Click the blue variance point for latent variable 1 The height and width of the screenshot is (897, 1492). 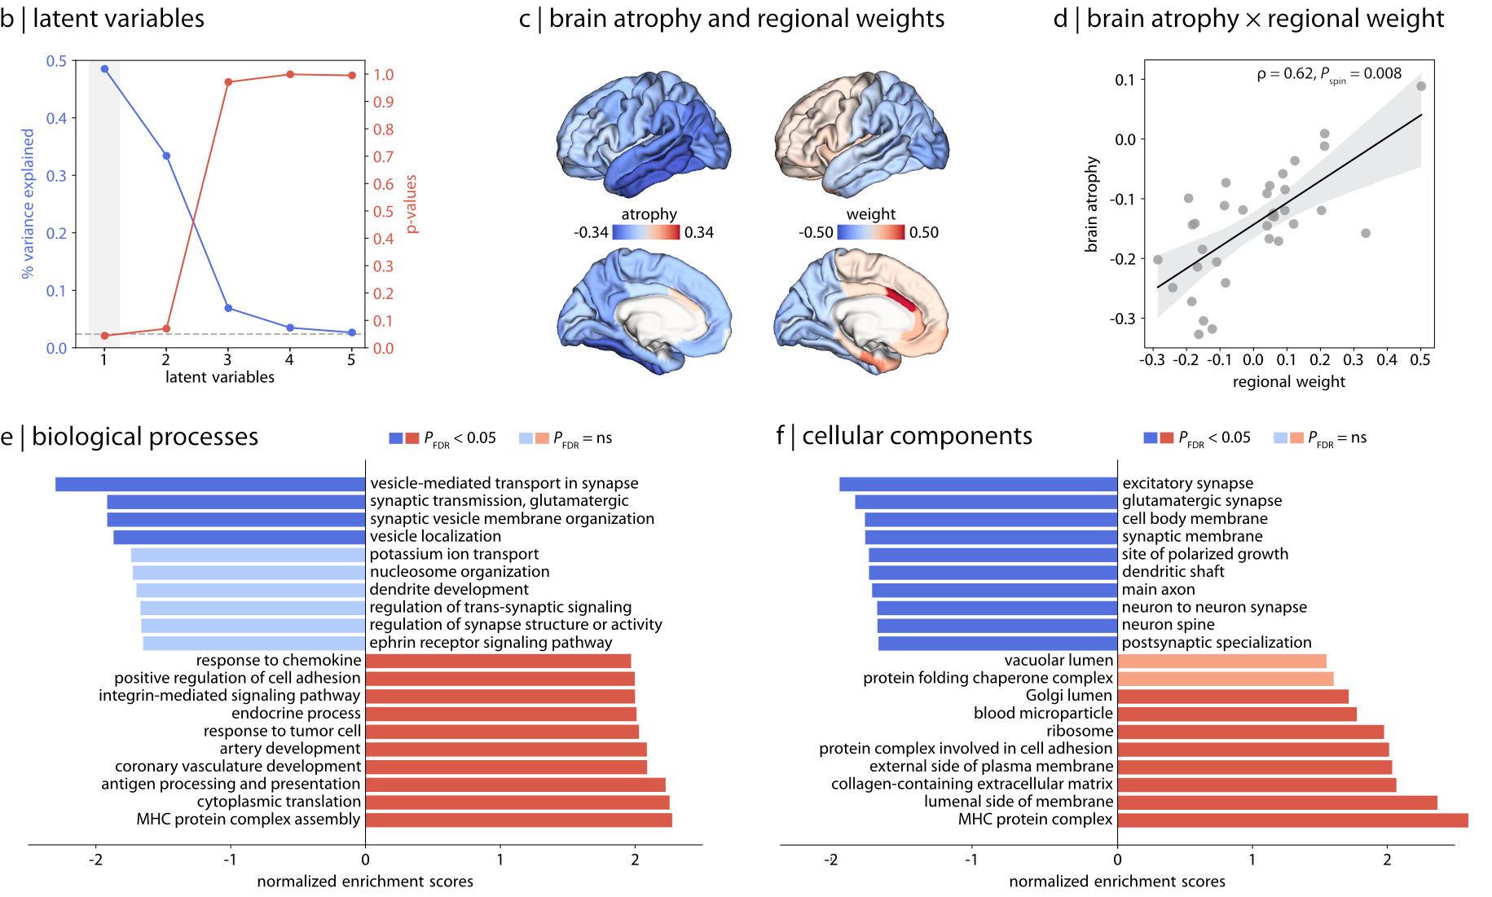click(104, 69)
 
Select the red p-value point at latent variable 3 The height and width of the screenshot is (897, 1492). click(228, 82)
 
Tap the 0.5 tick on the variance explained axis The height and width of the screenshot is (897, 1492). click(56, 61)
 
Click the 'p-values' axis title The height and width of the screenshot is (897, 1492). click(412, 204)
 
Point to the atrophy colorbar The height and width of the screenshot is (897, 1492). click(645, 232)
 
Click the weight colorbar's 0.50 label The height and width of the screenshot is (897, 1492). click(923, 232)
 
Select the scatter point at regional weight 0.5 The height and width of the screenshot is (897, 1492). click(1421, 86)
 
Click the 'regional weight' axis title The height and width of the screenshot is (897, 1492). click(1288, 382)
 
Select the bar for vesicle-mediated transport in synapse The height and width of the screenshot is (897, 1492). click(210, 484)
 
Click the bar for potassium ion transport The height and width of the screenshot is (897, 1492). click(248, 555)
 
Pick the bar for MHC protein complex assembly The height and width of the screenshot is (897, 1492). click(518, 820)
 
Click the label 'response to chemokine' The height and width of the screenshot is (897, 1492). click(278, 660)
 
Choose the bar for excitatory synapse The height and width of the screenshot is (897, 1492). click(978, 484)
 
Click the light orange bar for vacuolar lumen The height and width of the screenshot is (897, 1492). click(1221, 661)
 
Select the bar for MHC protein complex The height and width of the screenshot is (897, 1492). click(1292, 820)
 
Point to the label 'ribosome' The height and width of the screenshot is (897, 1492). click(1080, 731)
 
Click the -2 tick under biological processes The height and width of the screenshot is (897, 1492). click(95, 860)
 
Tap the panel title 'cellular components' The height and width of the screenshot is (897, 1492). click(917, 436)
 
